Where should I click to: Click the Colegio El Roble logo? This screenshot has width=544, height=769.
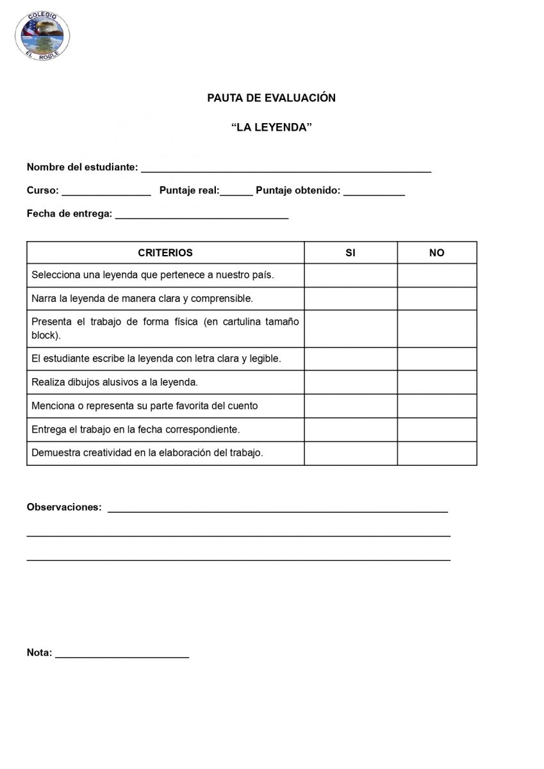click(43, 35)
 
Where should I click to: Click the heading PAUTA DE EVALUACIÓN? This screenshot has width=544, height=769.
click(271, 98)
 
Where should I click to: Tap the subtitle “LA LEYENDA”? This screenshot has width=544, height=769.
click(271, 128)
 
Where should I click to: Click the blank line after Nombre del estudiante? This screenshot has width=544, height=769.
click(286, 169)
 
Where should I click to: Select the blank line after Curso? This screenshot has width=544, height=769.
click(106, 192)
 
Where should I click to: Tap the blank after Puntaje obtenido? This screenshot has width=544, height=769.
click(374, 192)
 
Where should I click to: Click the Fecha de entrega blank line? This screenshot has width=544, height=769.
click(201, 215)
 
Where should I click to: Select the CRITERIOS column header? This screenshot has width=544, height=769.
click(165, 253)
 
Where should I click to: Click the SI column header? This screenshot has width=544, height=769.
click(350, 253)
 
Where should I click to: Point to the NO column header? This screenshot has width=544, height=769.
click(436, 253)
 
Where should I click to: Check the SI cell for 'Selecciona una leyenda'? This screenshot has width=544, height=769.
click(350, 276)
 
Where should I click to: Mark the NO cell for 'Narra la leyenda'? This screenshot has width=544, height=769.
click(436, 299)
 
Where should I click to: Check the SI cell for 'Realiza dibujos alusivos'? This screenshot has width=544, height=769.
click(350, 383)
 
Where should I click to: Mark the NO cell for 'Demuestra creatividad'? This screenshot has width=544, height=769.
click(436, 453)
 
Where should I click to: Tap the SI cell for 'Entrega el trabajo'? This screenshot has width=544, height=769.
click(350, 429)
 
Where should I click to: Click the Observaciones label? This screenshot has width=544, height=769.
click(64, 508)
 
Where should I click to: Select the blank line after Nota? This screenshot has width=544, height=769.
click(122, 654)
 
